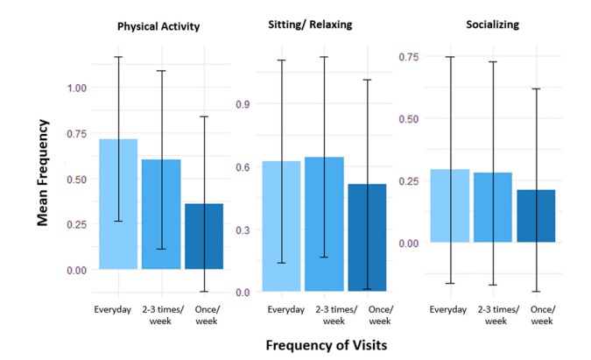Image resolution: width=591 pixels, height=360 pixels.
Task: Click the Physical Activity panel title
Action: pyautogui.click(x=158, y=26)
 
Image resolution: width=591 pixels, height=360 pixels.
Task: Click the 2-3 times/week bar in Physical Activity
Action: pyautogui.click(x=161, y=215)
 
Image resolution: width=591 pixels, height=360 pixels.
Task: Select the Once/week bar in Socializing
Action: pyautogui.click(x=536, y=216)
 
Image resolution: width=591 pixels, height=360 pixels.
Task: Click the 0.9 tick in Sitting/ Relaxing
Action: pyautogui.click(x=245, y=104)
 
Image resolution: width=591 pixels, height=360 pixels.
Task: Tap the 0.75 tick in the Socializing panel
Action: pyautogui.click(x=409, y=57)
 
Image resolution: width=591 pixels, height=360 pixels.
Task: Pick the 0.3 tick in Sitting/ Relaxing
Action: pyautogui.click(x=245, y=229)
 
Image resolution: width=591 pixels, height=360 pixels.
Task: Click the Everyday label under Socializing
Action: pyautogui.click(x=451, y=309)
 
